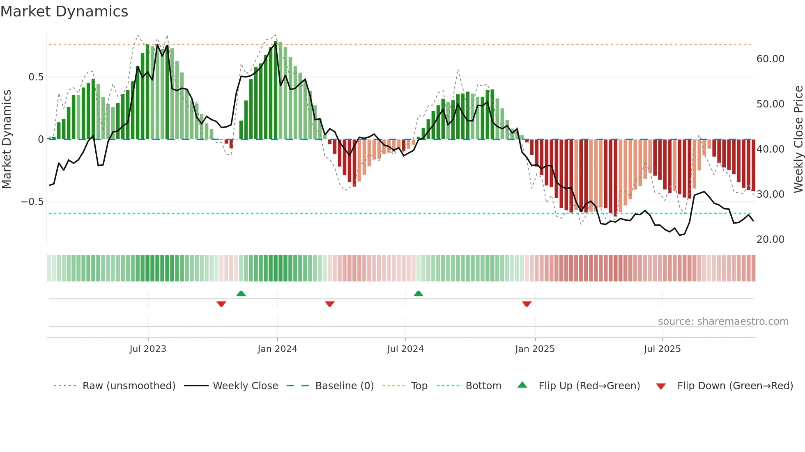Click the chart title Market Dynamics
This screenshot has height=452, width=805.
(64, 11)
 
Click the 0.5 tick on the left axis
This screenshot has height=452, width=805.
(36, 77)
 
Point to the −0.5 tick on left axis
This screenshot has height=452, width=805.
(32, 202)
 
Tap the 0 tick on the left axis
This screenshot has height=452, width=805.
(41, 139)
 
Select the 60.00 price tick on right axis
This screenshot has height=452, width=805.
(770, 59)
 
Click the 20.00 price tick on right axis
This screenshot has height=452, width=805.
(770, 240)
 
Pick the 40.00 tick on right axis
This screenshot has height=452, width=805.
(770, 149)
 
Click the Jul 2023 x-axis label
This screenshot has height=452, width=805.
(148, 349)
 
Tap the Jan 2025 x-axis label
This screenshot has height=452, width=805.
(535, 349)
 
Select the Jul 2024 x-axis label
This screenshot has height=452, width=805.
(405, 349)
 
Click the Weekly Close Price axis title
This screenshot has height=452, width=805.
(798, 139)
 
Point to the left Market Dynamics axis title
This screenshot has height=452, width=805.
(7, 139)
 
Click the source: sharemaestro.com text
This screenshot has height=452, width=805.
(723, 322)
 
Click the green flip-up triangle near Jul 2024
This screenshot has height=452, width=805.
(418, 294)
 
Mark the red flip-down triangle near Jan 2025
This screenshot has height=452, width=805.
(527, 304)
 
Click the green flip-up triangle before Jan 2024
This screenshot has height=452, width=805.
(241, 294)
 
